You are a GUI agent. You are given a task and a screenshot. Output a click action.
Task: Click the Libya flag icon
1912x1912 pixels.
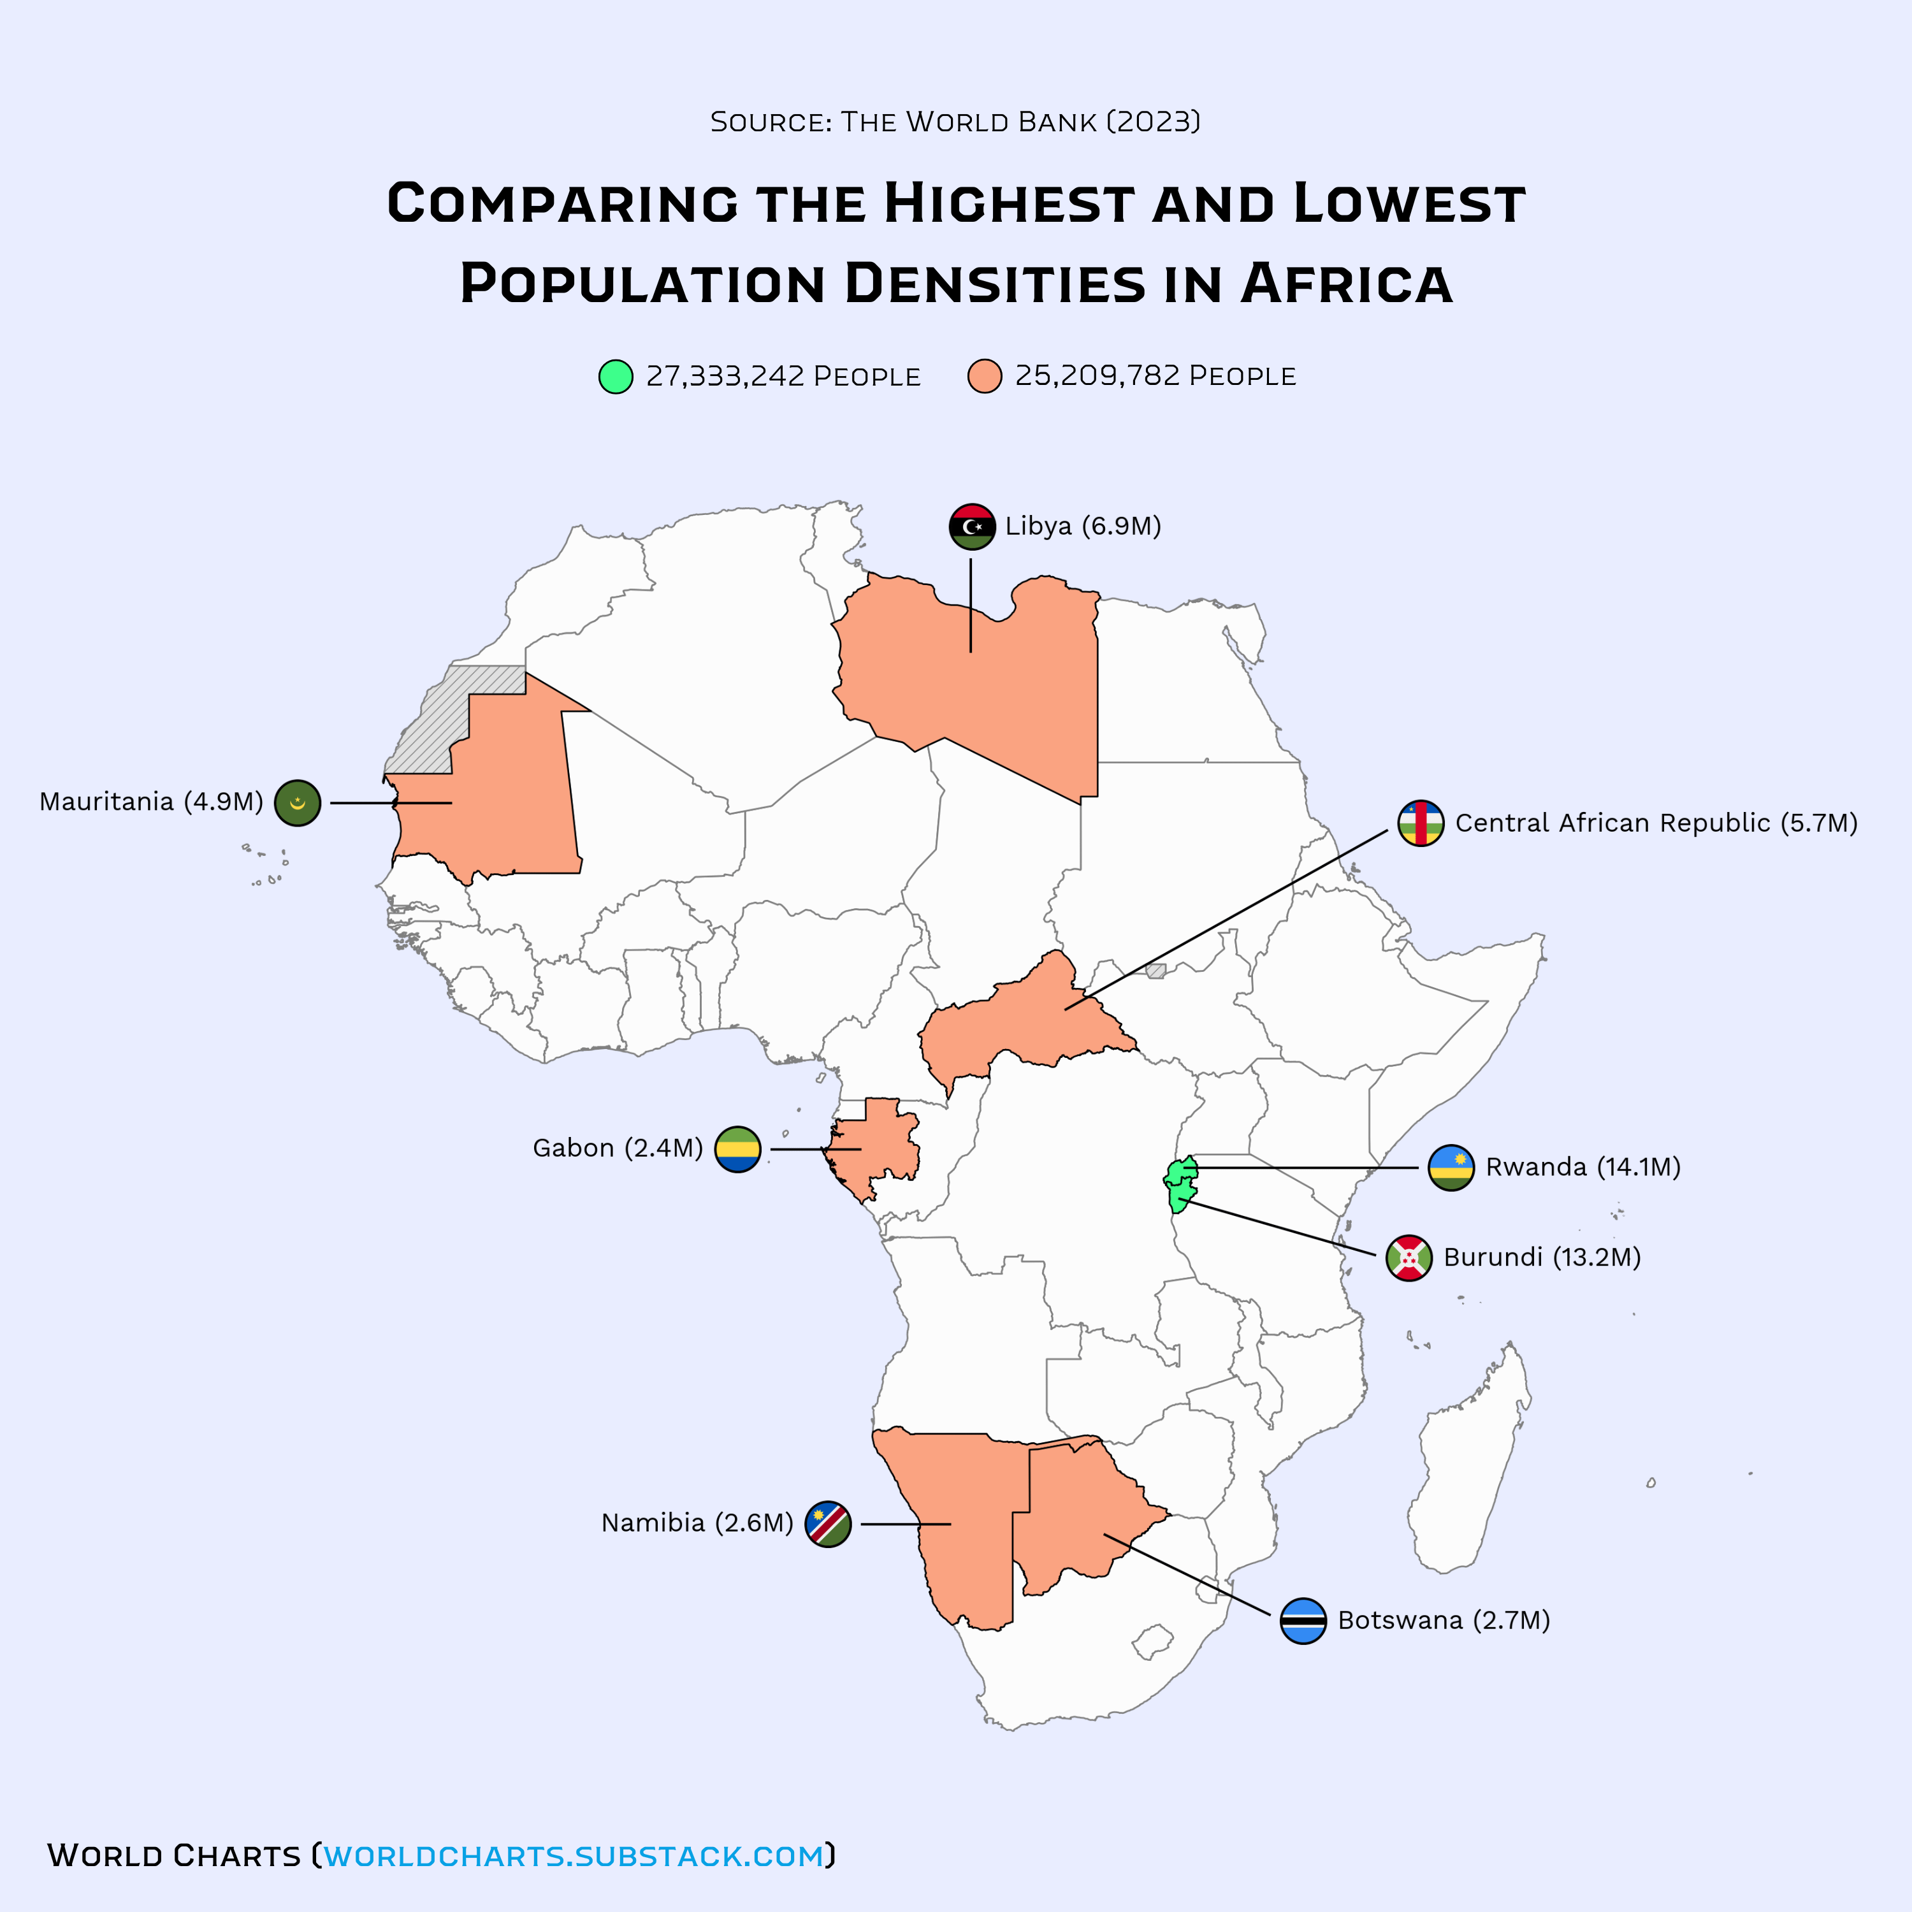coord(972,526)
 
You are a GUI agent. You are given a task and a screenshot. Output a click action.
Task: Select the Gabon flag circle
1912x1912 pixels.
coord(737,1149)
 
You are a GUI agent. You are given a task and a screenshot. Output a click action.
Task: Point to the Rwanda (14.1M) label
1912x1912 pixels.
coord(1582,1167)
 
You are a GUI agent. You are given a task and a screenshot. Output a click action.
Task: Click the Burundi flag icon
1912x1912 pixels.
coord(1409,1258)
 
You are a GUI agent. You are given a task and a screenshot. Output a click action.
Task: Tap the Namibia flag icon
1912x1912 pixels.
coord(829,1524)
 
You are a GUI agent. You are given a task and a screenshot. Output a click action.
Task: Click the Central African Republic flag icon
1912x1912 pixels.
coord(1420,823)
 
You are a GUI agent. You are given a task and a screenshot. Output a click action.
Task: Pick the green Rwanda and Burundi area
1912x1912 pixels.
coord(1180,1184)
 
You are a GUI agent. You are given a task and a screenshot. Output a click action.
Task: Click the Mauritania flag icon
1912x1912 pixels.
coord(297,802)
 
